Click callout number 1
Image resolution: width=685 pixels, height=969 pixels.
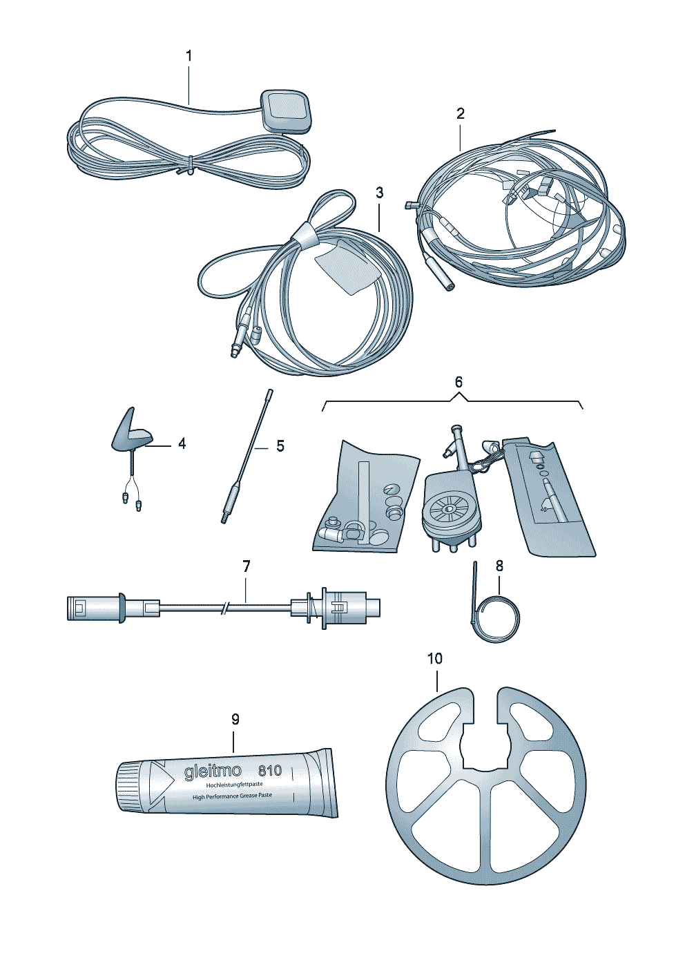coord(189,56)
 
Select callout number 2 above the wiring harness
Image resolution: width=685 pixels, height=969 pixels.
coord(460,114)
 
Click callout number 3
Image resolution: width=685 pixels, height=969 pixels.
coord(379,192)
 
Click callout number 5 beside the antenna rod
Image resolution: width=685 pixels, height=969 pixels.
coord(280,446)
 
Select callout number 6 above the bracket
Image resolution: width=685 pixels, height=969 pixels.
coord(459,382)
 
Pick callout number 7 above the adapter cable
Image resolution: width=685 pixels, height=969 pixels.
coord(247,566)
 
